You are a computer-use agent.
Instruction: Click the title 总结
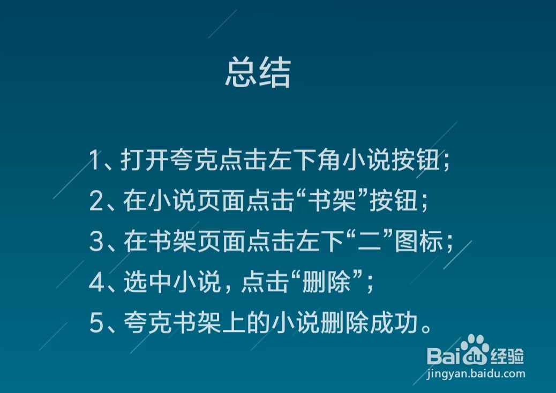258,73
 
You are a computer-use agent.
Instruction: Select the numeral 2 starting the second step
96,202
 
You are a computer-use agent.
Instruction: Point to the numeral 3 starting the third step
96,243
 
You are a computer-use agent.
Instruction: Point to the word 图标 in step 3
419,243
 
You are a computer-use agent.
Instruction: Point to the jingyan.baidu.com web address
476,374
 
